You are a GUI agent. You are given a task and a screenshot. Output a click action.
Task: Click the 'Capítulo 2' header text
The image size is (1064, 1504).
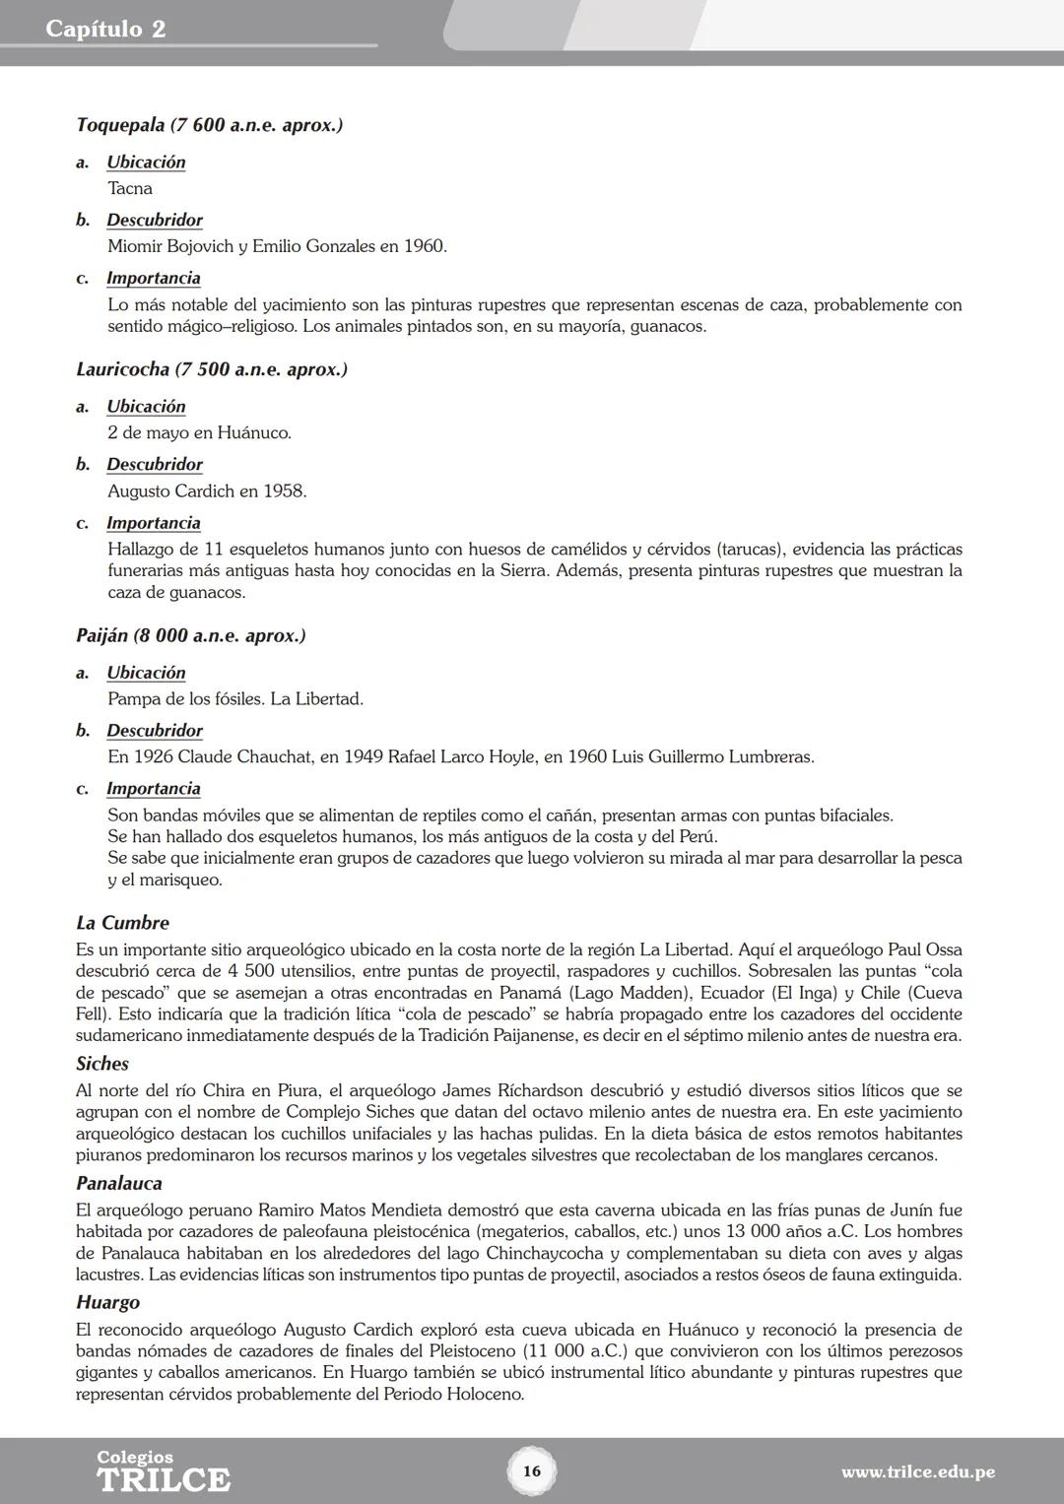105,29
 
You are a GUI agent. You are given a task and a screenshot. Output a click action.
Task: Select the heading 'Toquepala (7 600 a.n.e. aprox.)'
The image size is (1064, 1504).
209,125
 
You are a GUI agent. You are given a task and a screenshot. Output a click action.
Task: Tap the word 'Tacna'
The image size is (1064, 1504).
130,188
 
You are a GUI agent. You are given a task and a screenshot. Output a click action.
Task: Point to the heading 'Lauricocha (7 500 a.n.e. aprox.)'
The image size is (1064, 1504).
211,369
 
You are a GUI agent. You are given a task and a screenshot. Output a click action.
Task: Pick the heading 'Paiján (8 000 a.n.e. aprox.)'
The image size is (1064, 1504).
190,635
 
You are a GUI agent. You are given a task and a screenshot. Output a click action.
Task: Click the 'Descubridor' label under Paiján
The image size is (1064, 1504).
155,731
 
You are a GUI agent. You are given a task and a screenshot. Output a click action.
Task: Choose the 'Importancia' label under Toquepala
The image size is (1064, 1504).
153,279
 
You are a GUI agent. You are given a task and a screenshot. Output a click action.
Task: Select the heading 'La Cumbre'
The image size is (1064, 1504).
122,923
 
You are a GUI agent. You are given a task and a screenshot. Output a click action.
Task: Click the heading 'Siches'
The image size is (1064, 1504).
102,1064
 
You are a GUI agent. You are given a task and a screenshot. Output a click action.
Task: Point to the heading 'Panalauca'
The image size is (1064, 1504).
118,1183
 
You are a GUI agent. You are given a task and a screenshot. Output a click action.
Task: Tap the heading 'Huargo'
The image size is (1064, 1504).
107,1302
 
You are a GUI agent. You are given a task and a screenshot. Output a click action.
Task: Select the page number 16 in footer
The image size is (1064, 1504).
532,1471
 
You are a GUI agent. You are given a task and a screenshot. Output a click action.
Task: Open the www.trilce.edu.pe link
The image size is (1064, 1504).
917,1472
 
